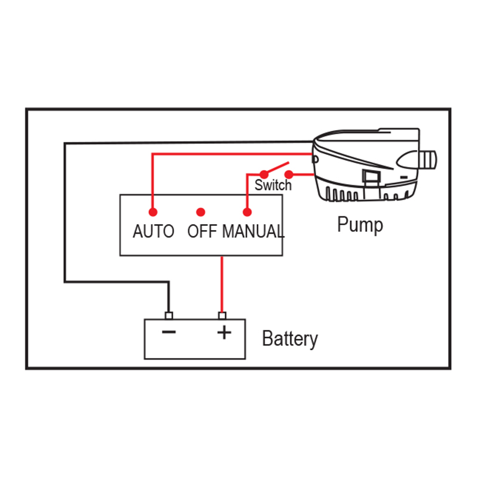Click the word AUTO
pyautogui.click(x=153, y=231)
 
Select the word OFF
pyautogui.click(x=201, y=231)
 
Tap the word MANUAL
pyautogui.click(x=253, y=231)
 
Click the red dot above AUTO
pyautogui.click(x=153, y=212)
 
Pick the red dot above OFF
pyautogui.click(x=201, y=212)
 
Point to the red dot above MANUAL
pyautogui.click(x=247, y=212)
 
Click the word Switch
pyautogui.click(x=273, y=185)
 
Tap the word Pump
pyautogui.click(x=360, y=225)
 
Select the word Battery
pyautogui.click(x=290, y=339)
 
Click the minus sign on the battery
pyautogui.click(x=169, y=332)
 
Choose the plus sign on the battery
pyautogui.click(x=223, y=332)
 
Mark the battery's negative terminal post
pyautogui.click(x=168, y=316)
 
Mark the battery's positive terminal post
pyautogui.click(x=222, y=316)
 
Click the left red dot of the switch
pyautogui.click(x=263, y=174)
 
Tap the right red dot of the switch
pyautogui.click(x=290, y=174)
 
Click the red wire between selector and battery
pyautogui.click(x=222, y=284)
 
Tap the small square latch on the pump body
pyautogui.click(x=370, y=176)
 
